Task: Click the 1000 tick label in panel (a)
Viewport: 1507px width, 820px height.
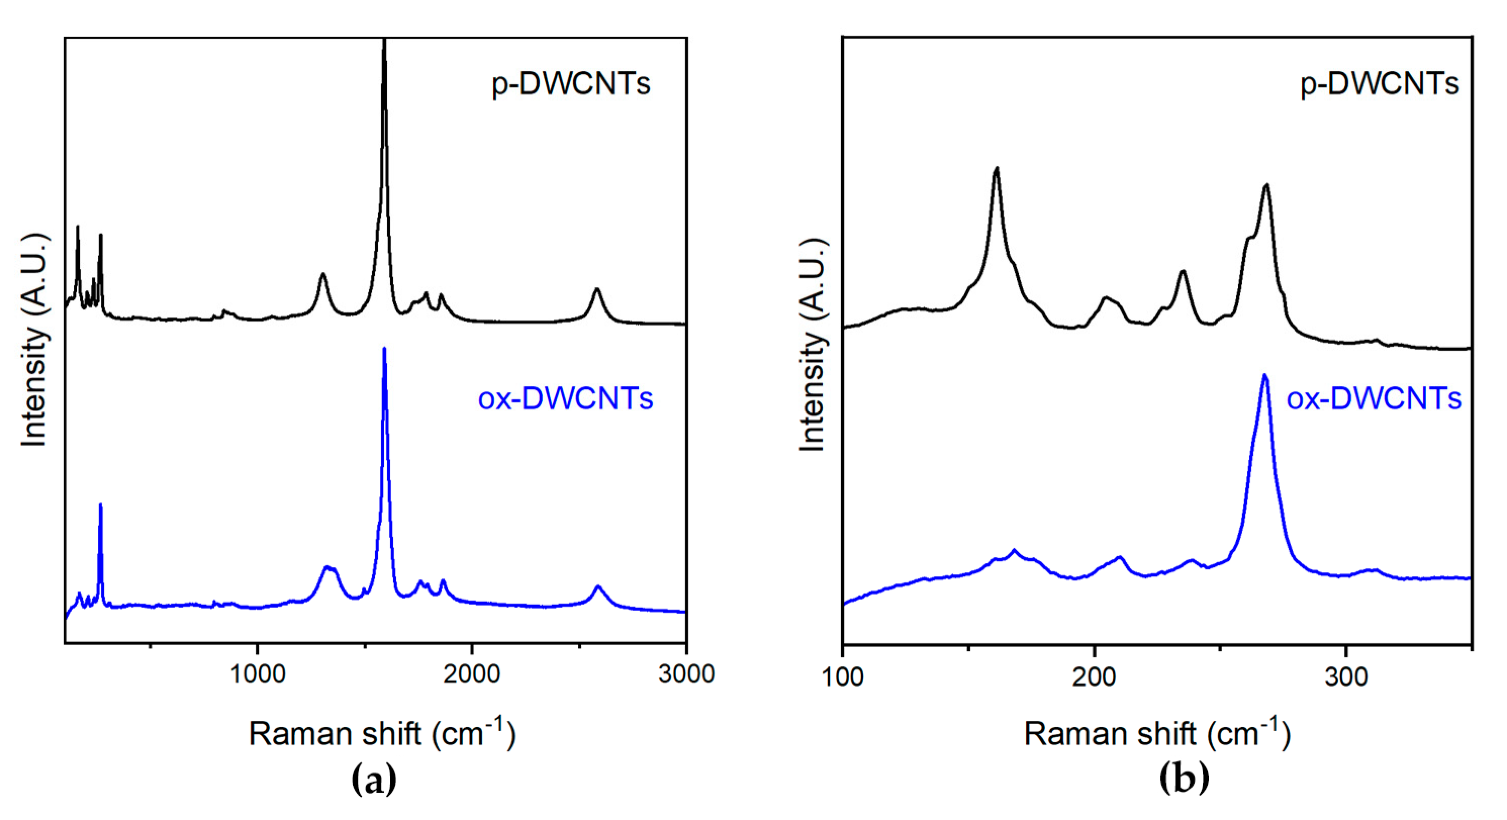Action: (257, 674)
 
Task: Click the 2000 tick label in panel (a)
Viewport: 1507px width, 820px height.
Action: (472, 674)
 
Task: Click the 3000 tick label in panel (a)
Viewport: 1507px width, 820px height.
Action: (686, 674)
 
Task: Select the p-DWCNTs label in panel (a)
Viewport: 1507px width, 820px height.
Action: (571, 84)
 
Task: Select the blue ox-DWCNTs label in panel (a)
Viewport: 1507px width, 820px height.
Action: (565, 399)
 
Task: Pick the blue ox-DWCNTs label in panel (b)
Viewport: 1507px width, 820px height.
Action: (1374, 399)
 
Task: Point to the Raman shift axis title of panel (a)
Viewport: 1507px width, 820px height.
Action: (382, 734)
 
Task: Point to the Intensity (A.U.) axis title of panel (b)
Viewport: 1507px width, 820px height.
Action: (812, 345)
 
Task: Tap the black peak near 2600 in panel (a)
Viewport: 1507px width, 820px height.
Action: (597, 289)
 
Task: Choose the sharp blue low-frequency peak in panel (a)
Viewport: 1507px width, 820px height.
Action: (101, 504)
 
